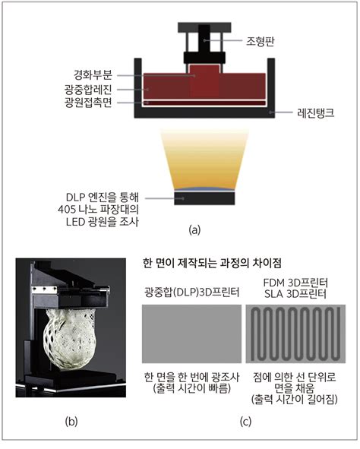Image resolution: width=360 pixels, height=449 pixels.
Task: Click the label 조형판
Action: coord(261,42)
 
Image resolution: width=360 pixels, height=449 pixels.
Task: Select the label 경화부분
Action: coord(93,75)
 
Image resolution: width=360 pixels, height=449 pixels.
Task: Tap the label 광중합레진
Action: coord(88,90)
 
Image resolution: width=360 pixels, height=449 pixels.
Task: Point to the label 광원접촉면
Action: coord(88,103)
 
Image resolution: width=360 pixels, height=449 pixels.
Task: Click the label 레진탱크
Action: coord(316,113)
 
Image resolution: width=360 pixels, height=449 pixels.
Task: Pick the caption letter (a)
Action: coord(195,229)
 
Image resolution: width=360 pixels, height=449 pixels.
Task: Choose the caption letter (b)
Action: coord(71,421)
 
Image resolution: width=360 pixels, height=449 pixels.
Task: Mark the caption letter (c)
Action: coord(245,421)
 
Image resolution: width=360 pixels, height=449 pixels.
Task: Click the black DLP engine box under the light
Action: coord(204,198)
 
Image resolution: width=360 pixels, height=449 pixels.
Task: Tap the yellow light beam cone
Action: coord(204,160)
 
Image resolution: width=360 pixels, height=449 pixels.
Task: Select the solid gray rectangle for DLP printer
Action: coord(191,334)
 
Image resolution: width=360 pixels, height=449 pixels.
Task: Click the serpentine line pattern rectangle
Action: coord(295,334)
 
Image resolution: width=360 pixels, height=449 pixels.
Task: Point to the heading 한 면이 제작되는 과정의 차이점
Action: coord(212,263)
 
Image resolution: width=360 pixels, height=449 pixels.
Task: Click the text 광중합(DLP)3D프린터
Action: coord(191,292)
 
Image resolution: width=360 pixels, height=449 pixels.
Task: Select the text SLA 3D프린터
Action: coord(295,294)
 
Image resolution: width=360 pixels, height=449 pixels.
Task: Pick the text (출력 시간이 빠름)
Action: coord(191,388)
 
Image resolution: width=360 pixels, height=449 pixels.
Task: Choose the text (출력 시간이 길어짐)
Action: coord(294,400)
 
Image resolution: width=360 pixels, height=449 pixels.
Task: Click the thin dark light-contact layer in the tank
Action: coord(204,103)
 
